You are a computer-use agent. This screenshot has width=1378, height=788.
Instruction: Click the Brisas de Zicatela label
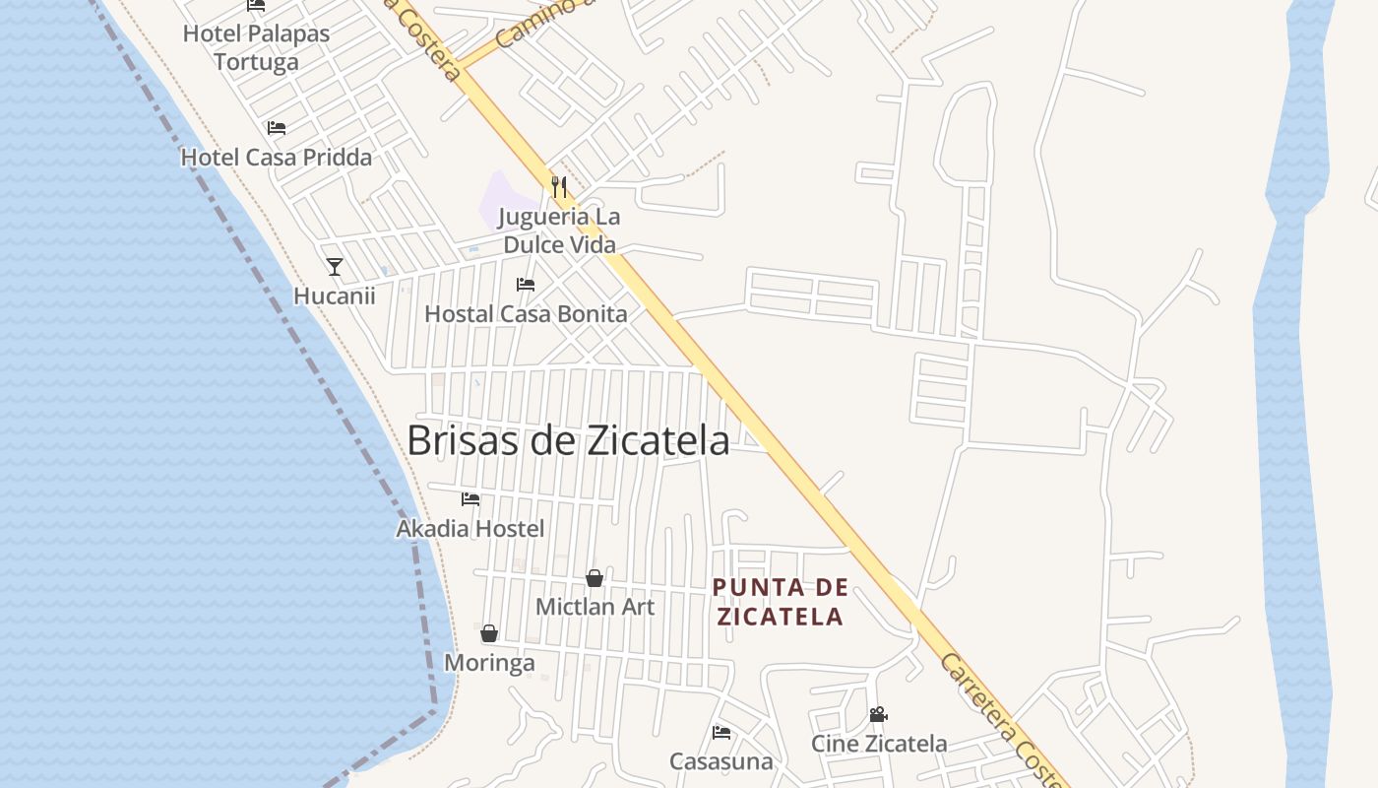click(x=568, y=440)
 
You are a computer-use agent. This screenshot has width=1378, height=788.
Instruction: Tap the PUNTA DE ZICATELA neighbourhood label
click(x=780, y=602)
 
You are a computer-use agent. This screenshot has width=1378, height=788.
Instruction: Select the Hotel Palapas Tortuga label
click(x=256, y=47)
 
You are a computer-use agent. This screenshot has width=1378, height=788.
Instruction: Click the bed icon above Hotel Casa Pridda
click(x=277, y=128)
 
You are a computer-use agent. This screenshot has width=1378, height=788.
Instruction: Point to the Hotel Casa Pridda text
click(x=277, y=158)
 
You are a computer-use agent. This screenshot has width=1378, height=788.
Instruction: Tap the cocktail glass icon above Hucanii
click(x=335, y=267)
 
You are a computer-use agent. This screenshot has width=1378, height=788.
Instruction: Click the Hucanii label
click(x=335, y=295)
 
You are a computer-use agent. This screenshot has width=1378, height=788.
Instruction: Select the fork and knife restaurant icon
click(x=559, y=187)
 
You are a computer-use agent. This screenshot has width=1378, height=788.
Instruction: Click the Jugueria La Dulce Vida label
click(x=559, y=230)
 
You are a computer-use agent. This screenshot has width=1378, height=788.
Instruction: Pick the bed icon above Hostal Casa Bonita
click(x=526, y=286)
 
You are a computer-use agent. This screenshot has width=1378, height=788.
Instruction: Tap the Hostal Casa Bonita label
click(x=526, y=314)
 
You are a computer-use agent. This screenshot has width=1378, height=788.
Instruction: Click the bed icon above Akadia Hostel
click(x=470, y=499)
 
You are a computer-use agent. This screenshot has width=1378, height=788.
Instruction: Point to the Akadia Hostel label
click(x=470, y=529)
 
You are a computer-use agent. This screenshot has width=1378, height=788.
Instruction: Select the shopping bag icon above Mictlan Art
click(x=595, y=578)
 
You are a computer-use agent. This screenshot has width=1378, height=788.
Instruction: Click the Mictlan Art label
click(x=595, y=607)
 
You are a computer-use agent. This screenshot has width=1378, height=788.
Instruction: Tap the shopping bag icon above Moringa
click(x=489, y=633)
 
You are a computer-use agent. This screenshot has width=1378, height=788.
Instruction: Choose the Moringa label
click(x=489, y=663)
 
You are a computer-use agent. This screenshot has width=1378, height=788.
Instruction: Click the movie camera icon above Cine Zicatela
click(x=878, y=715)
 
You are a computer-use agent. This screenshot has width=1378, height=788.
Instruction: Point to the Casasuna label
click(x=721, y=761)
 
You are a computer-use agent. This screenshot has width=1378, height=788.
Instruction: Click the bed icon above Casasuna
click(x=721, y=733)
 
